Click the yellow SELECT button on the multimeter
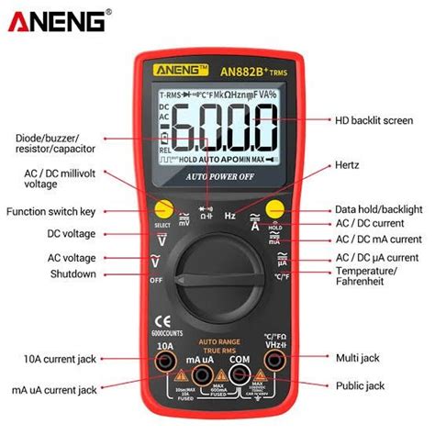pyautogui.click(x=164, y=208)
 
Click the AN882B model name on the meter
pyautogui.click(x=242, y=70)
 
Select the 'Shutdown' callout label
pyautogui.click(x=74, y=274)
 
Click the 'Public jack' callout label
pyautogui.click(x=361, y=385)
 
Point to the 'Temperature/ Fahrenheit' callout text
pyautogui.click(x=366, y=277)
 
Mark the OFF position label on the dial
pyautogui.click(x=156, y=280)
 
